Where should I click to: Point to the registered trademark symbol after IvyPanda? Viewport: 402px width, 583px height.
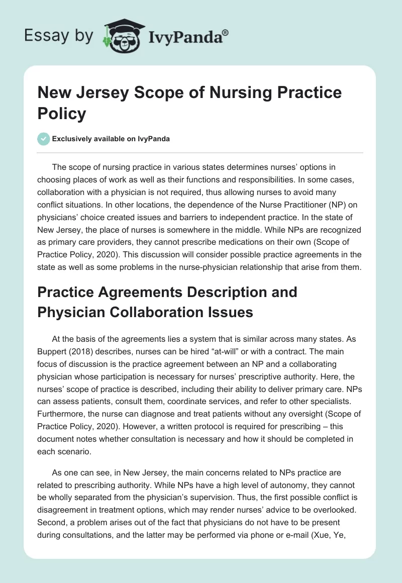(226, 32)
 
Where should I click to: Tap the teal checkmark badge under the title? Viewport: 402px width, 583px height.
(43, 139)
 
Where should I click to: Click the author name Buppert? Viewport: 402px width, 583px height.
(53, 351)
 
